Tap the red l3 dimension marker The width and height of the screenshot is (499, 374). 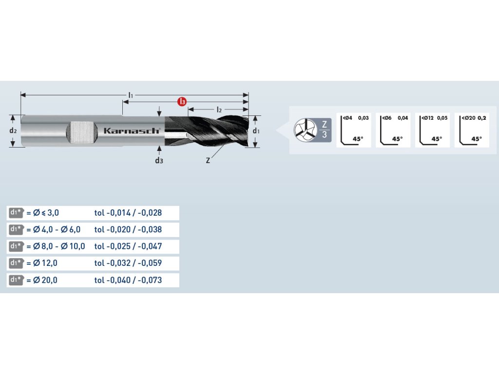click(182, 102)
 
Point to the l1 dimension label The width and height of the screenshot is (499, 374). click(131, 93)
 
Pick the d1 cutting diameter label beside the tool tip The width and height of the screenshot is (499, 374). click(256, 131)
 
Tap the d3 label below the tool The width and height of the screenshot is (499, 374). click(159, 160)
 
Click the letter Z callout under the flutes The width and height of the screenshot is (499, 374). click(208, 160)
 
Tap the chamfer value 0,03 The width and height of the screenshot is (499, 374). click(364, 118)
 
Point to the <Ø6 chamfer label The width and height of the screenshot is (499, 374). click(386, 118)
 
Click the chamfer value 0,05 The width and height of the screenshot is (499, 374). click(441, 118)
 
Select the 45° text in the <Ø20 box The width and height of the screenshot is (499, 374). click(477, 139)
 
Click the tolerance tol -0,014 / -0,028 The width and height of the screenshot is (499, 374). click(128, 213)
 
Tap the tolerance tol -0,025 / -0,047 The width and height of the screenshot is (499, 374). click(128, 246)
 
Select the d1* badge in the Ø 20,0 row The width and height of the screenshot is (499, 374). click(16, 280)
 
